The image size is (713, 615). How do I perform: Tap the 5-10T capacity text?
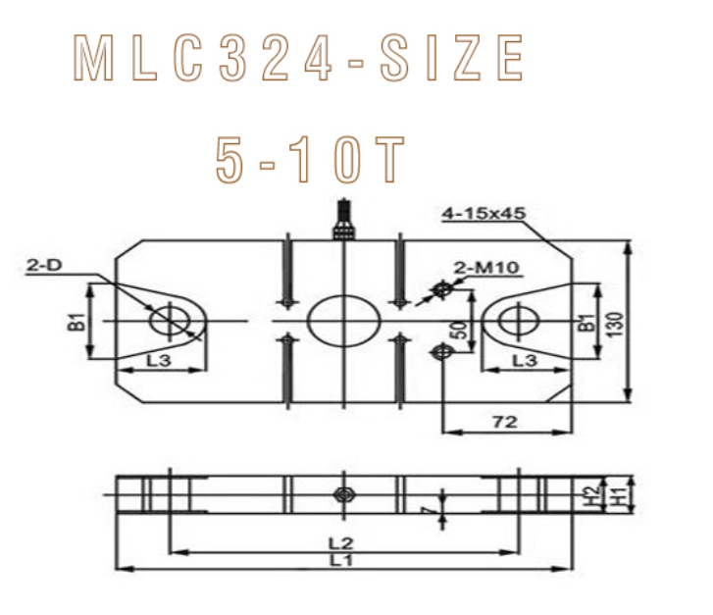pyautogui.click(x=310, y=159)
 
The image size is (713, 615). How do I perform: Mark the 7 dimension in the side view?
pyautogui.click(x=425, y=511)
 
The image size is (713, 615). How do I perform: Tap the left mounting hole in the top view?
pyautogui.click(x=167, y=321)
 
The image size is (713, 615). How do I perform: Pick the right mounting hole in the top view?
pyautogui.click(x=516, y=321)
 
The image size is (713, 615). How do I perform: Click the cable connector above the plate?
pyautogui.click(x=343, y=222)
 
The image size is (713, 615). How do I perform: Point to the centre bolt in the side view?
pyautogui.click(x=342, y=493)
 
